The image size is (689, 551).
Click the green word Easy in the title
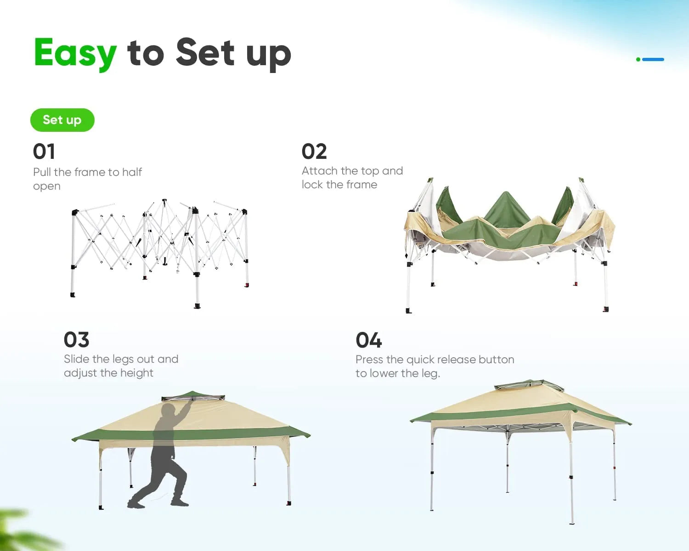click(x=75, y=53)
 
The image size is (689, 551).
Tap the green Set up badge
click(x=62, y=120)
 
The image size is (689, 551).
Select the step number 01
click(x=44, y=152)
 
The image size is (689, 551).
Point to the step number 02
click(x=314, y=152)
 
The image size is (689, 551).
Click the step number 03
click(x=76, y=340)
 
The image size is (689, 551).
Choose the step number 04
click(x=368, y=340)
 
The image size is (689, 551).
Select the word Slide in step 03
click(x=76, y=359)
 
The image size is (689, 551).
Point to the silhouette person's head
click(x=169, y=410)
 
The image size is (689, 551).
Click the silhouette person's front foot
click(x=180, y=502)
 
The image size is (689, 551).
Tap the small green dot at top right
click(x=638, y=59)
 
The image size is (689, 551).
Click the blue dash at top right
click(x=653, y=59)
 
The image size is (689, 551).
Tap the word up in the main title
click(x=268, y=54)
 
